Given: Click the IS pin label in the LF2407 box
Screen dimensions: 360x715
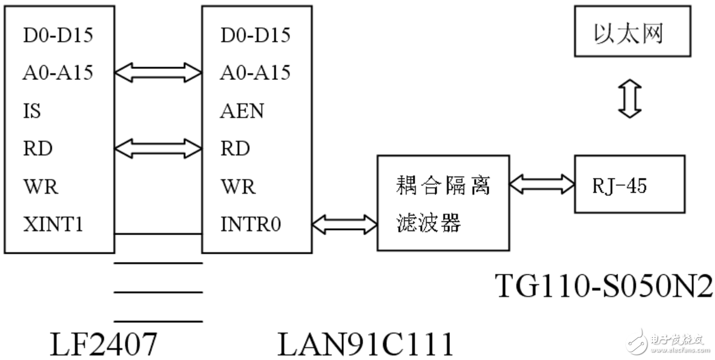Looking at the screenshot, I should pos(31,111).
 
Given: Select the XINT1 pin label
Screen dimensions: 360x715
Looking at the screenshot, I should pos(53,224).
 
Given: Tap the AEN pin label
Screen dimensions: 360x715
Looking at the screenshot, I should pos(242,111).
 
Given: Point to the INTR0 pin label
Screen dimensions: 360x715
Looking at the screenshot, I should pos(251,224).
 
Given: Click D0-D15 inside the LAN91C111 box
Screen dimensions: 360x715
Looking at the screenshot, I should pos(255,35).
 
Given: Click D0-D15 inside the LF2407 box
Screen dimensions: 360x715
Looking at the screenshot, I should pos(58,35).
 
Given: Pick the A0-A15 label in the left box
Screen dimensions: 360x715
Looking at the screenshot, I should pos(58,73).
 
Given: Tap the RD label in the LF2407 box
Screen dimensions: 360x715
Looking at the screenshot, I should pos(38,149).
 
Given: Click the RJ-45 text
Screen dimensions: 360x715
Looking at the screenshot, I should pos(619,186).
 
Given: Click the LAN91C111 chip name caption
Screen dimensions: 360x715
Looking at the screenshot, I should pos(365,344).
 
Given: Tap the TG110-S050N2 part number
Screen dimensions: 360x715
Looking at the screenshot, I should pos(604,285).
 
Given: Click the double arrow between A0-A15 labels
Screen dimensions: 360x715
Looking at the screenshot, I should pos(158,73).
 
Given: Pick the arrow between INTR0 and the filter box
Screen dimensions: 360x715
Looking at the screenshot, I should pos(344,224).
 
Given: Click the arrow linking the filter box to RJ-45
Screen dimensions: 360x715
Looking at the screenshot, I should pos(542,183).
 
